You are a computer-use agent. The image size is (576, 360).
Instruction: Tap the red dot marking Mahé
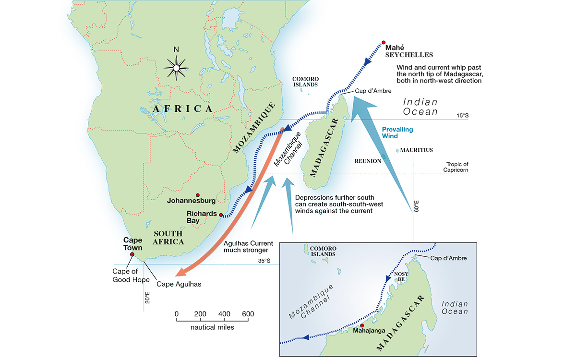tap(383, 43)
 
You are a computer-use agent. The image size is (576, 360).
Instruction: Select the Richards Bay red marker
tap(221, 215)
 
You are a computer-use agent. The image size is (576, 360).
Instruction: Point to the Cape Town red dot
tap(132, 254)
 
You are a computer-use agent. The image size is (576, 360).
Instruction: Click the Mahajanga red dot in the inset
tap(362, 325)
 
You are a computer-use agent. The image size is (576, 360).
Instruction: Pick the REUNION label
tap(367, 161)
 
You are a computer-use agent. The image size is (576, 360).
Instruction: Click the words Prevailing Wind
tap(397, 133)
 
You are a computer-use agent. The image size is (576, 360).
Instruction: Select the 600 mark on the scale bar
tap(248, 314)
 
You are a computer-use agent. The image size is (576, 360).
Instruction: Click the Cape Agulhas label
tap(179, 284)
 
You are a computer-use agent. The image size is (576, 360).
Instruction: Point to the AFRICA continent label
tap(182, 109)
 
